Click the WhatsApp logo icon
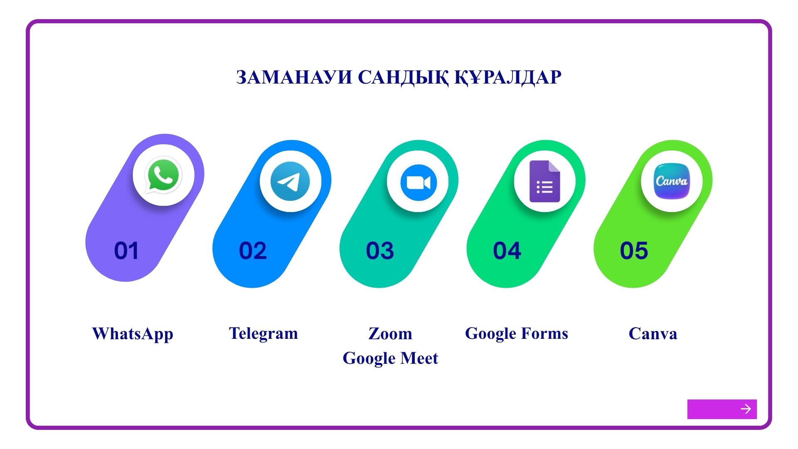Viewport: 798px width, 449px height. coord(163,175)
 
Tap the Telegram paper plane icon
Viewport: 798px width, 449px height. coord(290,181)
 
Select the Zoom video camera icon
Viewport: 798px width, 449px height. coord(419,183)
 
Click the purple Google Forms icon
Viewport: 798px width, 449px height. coord(545,181)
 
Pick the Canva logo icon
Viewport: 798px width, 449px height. coord(672,181)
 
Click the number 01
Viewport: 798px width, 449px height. coord(126,251)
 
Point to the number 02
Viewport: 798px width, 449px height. coord(253,251)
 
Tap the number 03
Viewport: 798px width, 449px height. coord(380,251)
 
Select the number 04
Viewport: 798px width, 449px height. coord(507,251)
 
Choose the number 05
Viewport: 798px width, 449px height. coord(634,251)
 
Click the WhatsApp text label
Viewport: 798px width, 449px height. coord(133,334)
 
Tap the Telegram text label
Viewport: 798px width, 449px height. coord(264,334)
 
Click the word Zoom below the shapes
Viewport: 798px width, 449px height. coord(390,333)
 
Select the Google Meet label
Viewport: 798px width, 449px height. coord(390,358)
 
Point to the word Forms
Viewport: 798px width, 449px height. coord(544,333)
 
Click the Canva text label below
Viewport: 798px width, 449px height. coord(653,333)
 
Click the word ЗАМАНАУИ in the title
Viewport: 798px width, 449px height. coord(294,77)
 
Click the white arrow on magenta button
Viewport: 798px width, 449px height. coord(746,409)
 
